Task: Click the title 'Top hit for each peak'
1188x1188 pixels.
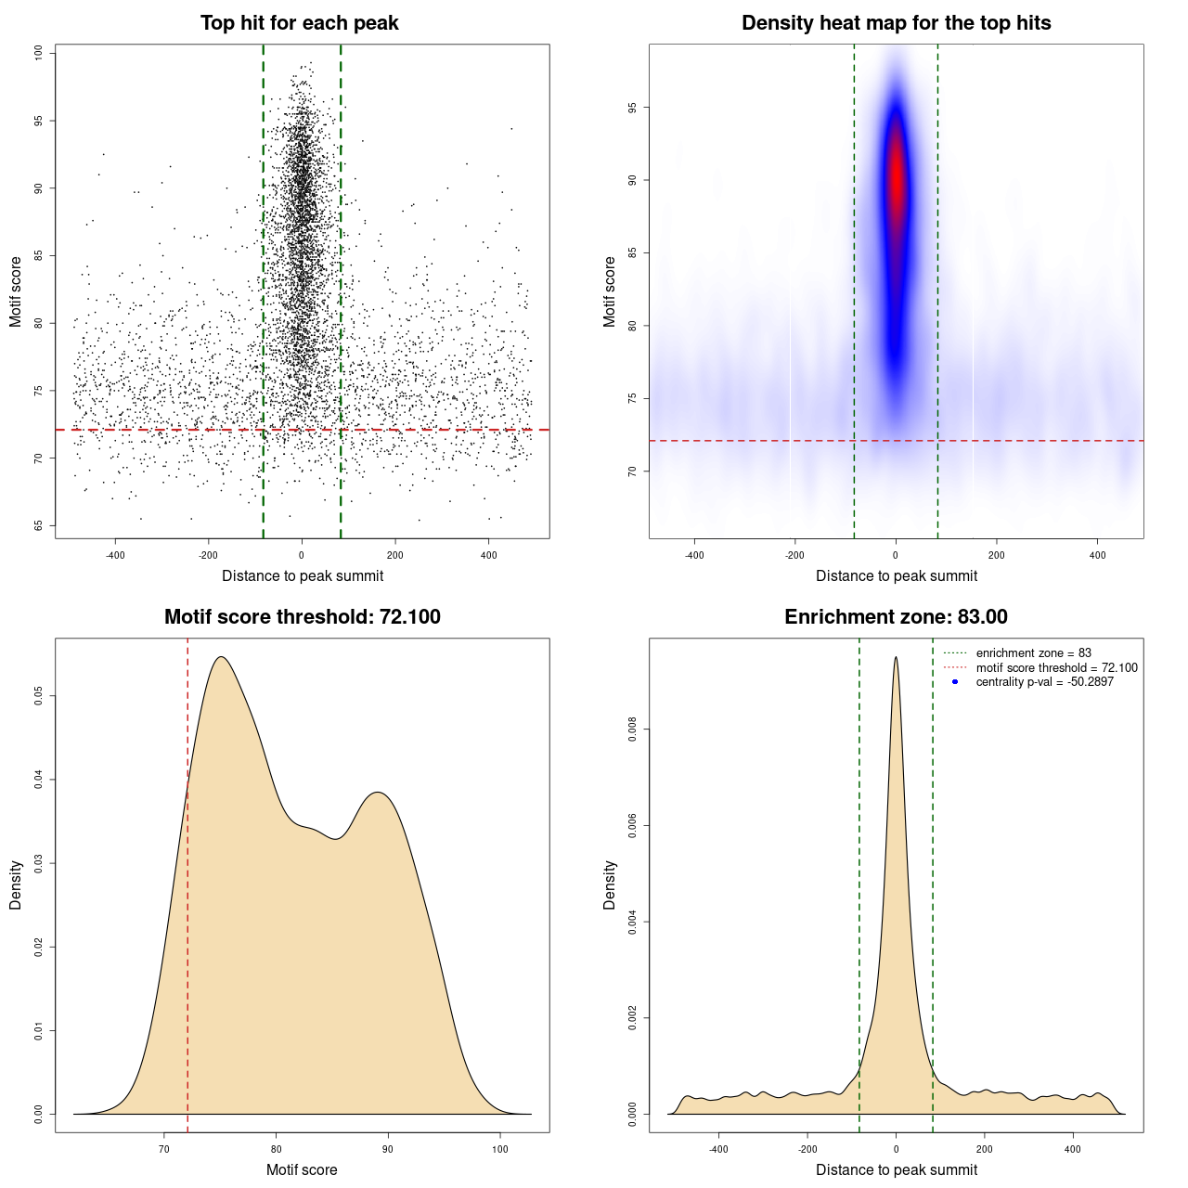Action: point(299,23)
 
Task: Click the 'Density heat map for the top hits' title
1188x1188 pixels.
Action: point(896,23)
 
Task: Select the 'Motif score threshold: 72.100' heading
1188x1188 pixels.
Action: point(302,617)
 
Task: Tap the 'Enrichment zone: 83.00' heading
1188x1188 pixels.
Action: point(896,617)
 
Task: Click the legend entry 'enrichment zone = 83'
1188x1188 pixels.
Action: point(1033,653)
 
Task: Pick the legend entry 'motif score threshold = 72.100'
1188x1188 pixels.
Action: point(1056,667)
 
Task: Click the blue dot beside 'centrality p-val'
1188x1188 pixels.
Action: point(955,682)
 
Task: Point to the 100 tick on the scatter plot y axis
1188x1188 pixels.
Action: point(39,53)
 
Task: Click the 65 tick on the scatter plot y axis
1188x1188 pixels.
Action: point(39,525)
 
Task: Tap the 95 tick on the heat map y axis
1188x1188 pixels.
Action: point(633,108)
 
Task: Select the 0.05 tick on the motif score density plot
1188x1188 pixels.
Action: point(39,696)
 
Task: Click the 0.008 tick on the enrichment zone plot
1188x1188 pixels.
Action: point(633,730)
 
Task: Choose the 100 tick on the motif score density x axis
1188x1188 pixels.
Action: point(500,1149)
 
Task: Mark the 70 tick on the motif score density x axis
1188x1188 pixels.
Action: point(164,1149)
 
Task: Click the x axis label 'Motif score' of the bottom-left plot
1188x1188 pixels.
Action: point(302,1170)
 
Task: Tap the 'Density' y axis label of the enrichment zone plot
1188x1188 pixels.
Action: point(610,885)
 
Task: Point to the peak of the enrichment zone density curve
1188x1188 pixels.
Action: point(896,658)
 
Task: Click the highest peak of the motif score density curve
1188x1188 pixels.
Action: point(221,658)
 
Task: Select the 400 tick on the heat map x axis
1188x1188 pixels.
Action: point(1097,555)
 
